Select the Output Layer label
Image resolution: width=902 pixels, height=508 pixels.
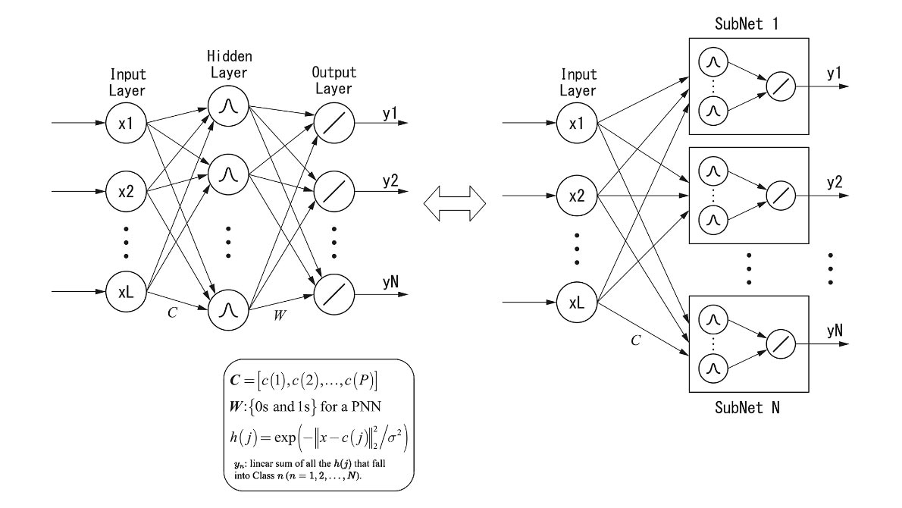coord(332,81)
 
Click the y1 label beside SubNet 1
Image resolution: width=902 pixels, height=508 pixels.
coord(834,74)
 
